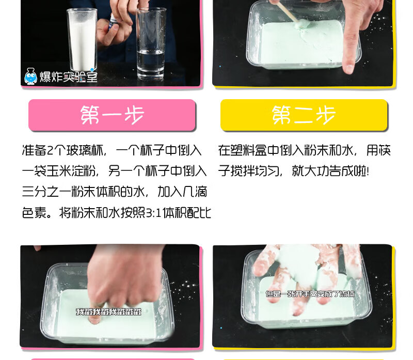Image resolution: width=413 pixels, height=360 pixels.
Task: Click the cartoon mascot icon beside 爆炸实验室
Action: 31,76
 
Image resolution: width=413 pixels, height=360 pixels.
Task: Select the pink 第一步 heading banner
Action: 112,115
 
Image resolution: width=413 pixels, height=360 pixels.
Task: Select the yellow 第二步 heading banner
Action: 304,115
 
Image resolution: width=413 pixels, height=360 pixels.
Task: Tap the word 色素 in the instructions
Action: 34,212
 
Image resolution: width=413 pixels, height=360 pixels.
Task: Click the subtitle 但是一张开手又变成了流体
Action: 310,294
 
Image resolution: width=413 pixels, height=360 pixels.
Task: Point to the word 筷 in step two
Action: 385,150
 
